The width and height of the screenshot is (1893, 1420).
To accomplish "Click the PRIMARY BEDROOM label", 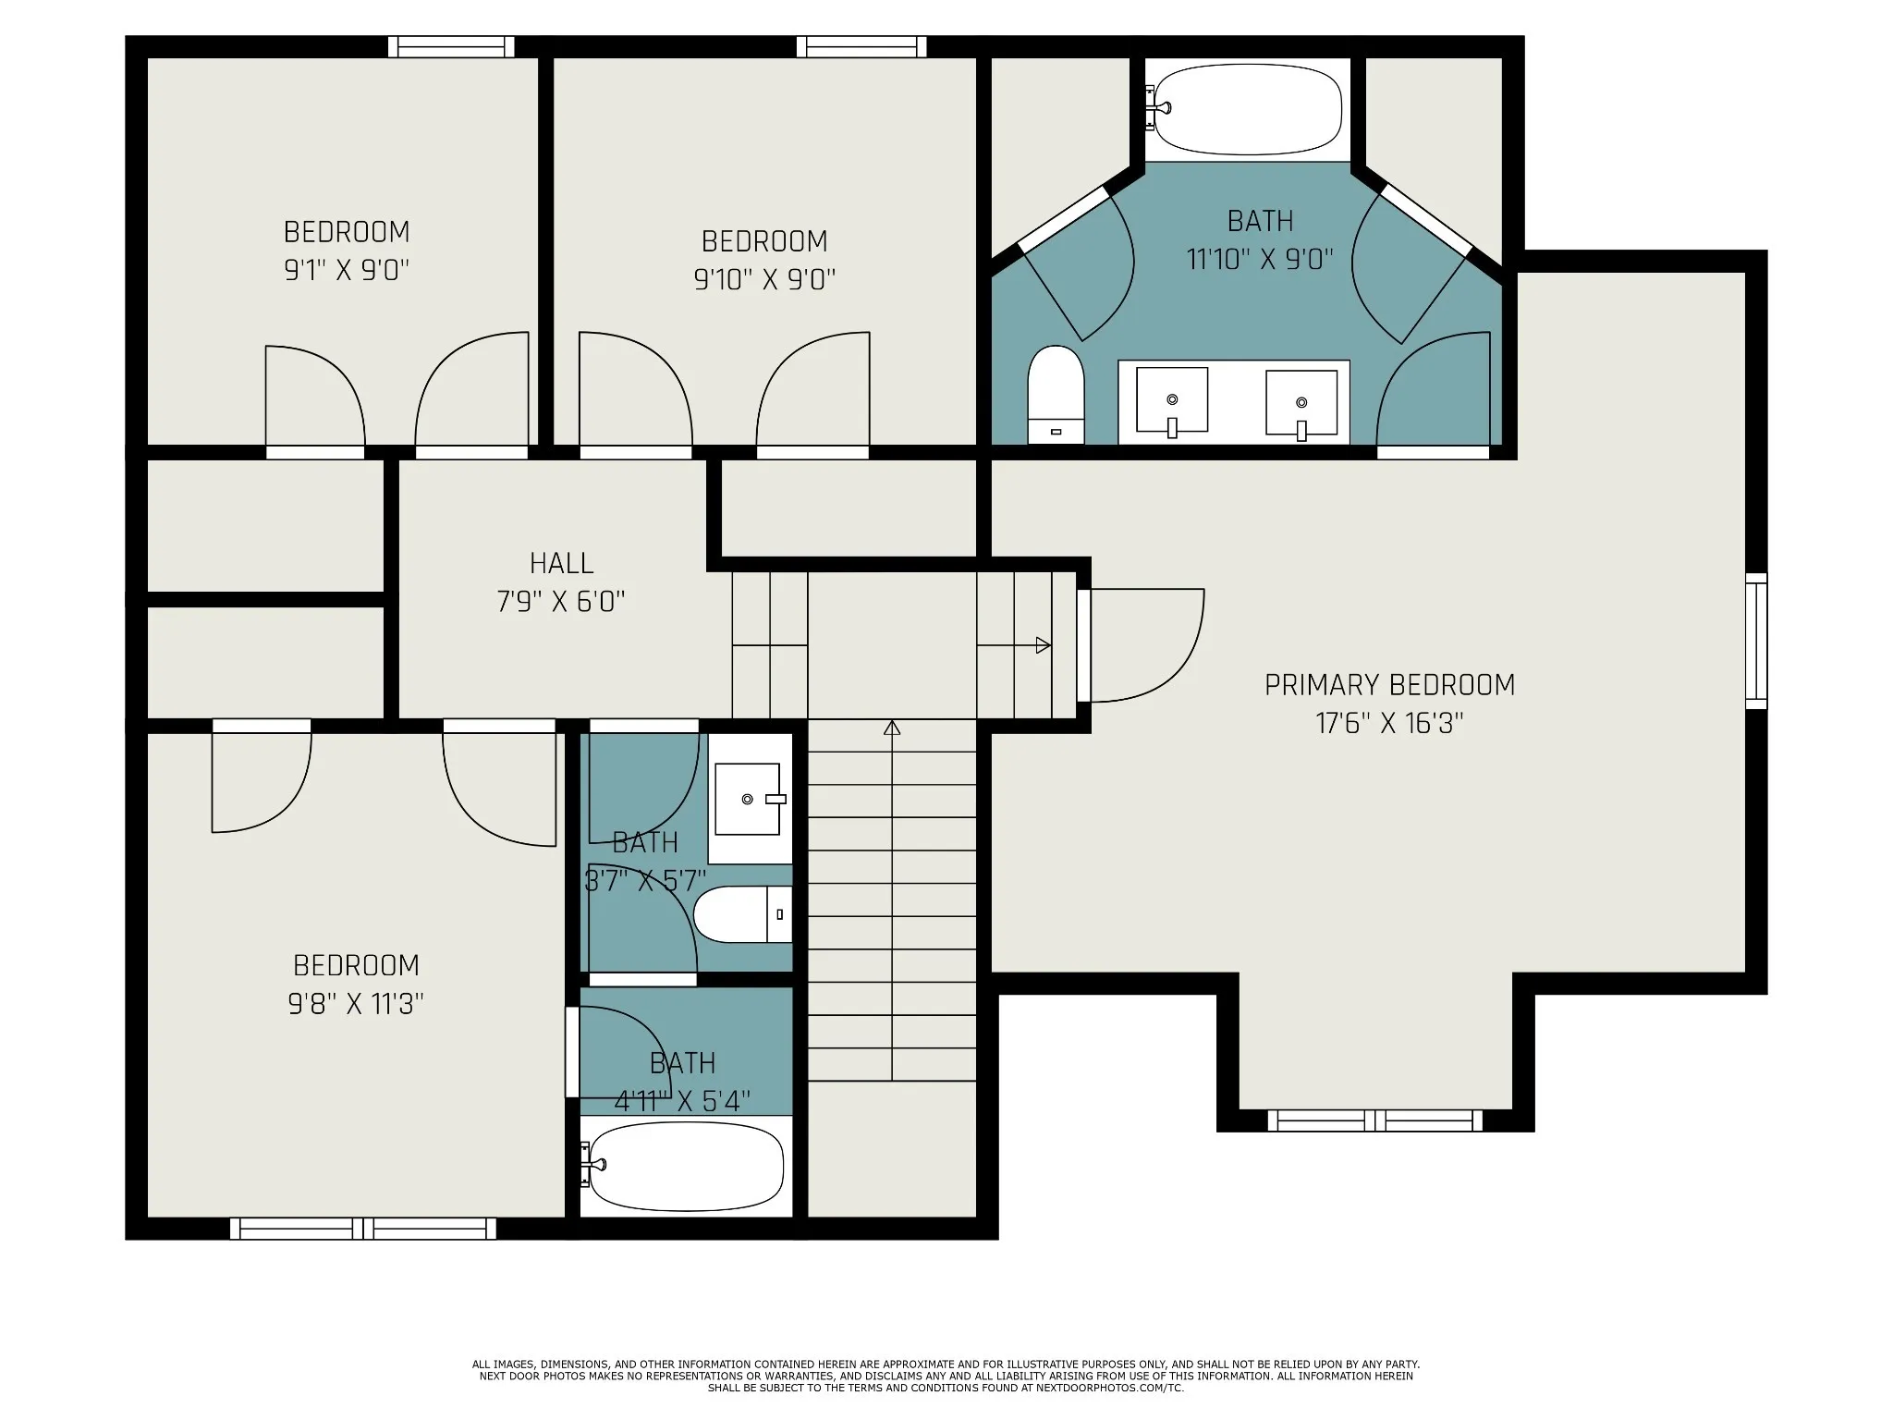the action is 1389,685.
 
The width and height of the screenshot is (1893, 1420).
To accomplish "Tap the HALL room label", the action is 561,563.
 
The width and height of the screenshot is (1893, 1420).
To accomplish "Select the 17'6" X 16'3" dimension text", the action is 1389,723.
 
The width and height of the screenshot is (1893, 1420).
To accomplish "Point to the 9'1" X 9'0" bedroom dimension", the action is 347,270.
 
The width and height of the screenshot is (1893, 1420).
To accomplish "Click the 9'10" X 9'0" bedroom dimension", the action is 764,279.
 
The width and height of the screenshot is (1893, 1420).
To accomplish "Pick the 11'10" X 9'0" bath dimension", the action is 1260,259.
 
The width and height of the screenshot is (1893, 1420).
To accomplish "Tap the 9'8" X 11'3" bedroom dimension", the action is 356,1003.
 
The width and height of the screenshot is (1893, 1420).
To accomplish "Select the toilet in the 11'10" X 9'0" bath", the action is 1056,395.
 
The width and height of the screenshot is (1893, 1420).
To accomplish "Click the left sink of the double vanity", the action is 1172,400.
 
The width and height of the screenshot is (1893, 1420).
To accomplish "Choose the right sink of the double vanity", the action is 1301,403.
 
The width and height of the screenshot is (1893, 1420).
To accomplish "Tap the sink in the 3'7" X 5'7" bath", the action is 750,799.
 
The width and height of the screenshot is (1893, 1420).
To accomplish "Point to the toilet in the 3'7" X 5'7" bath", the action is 743,914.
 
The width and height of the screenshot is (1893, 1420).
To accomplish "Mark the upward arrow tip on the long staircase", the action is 892,723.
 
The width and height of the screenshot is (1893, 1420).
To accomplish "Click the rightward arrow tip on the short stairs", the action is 1049,645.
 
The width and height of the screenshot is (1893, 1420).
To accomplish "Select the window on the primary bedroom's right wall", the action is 1756,642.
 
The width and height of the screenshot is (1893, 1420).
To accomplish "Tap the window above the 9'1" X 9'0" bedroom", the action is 451,46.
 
